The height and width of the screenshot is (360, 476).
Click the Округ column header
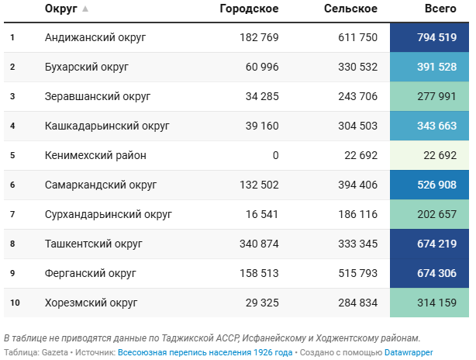click(x=60, y=9)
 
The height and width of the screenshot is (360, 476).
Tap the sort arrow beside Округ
click(x=85, y=9)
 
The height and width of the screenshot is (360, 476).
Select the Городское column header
click(x=249, y=9)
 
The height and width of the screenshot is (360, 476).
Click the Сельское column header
click(x=350, y=9)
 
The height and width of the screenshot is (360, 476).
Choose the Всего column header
click(x=440, y=9)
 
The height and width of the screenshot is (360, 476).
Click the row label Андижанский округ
click(x=95, y=37)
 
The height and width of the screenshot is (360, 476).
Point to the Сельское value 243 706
click(x=358, y=96)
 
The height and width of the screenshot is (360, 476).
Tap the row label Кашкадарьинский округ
click(x=107, y=126)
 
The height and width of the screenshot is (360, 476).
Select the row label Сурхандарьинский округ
click(x=109, y=214)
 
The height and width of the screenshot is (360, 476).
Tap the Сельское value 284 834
click(x=358, y=303)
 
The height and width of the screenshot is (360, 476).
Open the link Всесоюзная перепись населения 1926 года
click(x=205, y=352)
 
